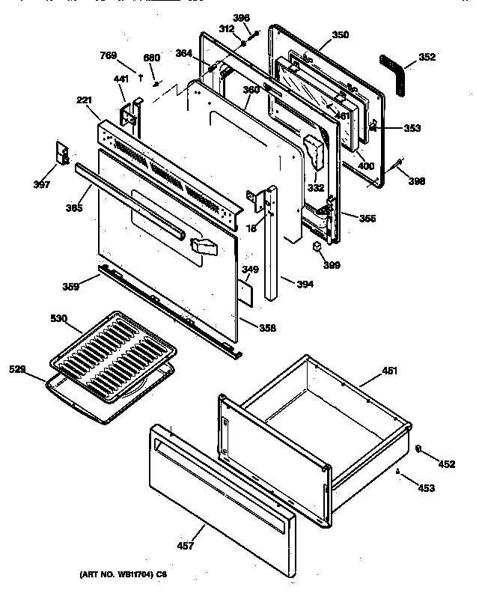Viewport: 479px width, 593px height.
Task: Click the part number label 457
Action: click(187, 546)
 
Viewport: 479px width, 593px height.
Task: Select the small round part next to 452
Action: click(418, 449)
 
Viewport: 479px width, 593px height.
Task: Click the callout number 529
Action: click(18, 369)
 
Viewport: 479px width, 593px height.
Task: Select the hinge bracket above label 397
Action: click(63, 153)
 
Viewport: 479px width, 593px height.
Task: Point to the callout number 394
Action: click(305, 284)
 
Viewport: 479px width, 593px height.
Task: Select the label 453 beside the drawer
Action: click(426, 488)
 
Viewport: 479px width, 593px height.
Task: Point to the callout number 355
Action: click(367, 219)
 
